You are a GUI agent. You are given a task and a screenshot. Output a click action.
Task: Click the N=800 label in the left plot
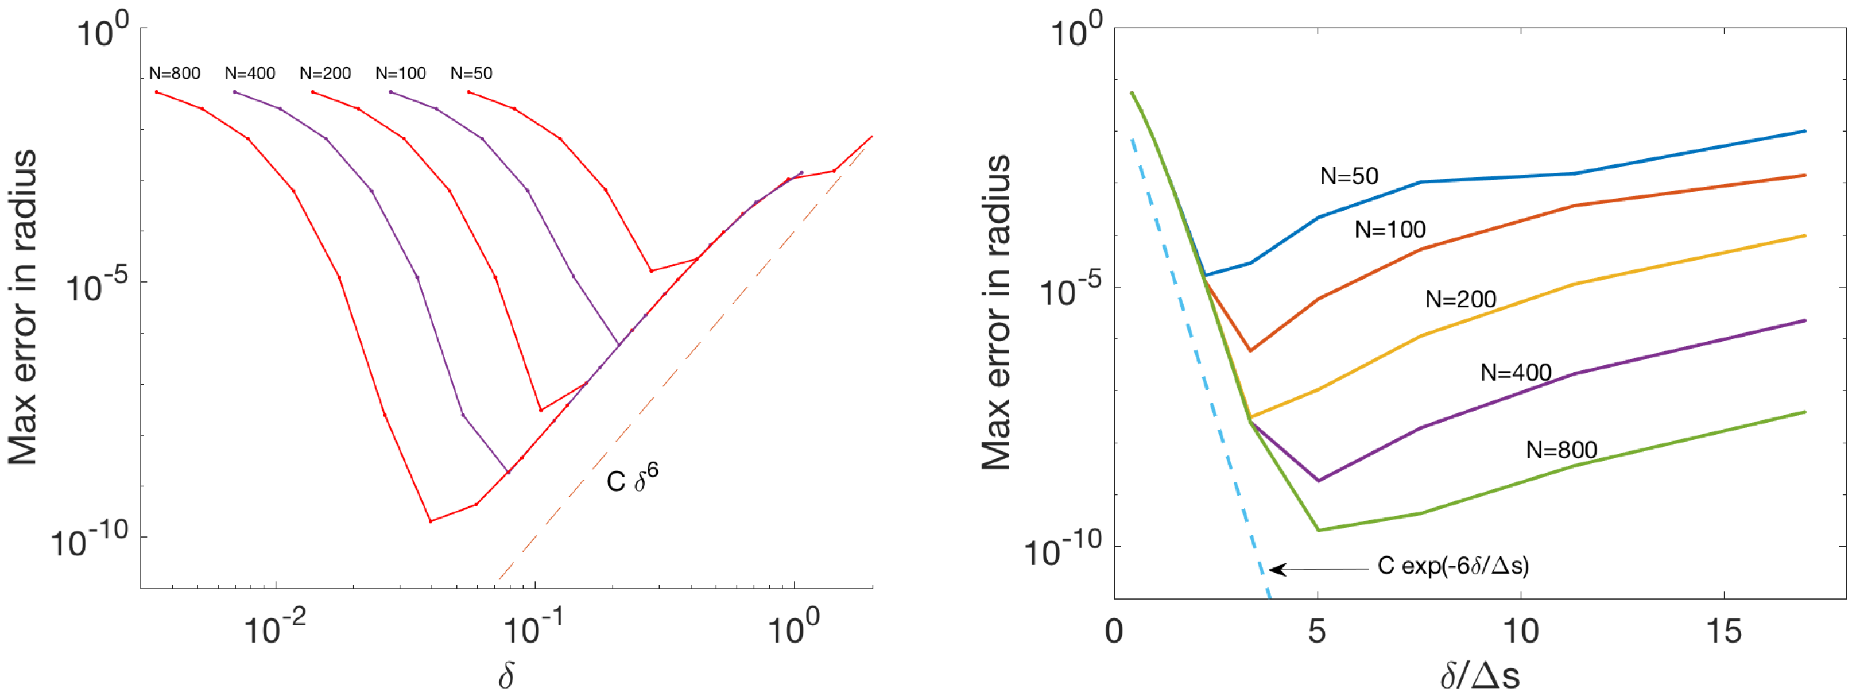pos(175,74)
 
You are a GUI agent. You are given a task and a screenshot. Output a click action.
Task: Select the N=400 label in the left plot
pos(250,74)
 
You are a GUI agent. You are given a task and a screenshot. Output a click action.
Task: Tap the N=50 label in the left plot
pos(471,74)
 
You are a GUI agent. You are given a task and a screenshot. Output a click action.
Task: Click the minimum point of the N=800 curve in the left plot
pos(430,521)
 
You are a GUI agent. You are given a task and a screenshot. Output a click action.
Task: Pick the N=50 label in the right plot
pos(1349,176)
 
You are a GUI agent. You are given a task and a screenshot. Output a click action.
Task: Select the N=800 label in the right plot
pos(1561,450)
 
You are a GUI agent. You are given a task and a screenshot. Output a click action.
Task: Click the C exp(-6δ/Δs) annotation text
pos(1453,566)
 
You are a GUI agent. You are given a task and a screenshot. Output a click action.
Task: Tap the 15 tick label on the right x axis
pos(1723,632)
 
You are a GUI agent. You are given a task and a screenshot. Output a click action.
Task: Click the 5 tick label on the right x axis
pos(1317,632)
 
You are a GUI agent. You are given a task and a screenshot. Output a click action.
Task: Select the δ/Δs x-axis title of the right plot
pos(1480,676)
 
